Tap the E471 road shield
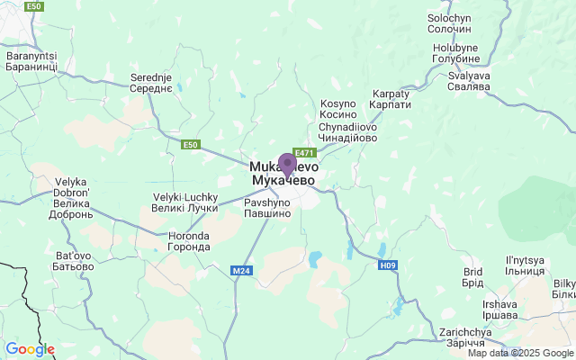click(304, 152)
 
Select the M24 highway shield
click(240, 270)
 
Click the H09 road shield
click(387, 265)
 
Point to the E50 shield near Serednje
click(190, 144)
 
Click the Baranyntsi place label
click(31, 61)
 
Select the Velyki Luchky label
click(185, 202)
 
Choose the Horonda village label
click(189, 241)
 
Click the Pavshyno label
click(267, 209)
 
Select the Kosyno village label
click(338, 109)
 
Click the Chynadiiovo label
click(348, 132)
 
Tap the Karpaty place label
click(391, 99)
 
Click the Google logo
click(30, 349)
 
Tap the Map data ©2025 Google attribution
click(519, 353)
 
